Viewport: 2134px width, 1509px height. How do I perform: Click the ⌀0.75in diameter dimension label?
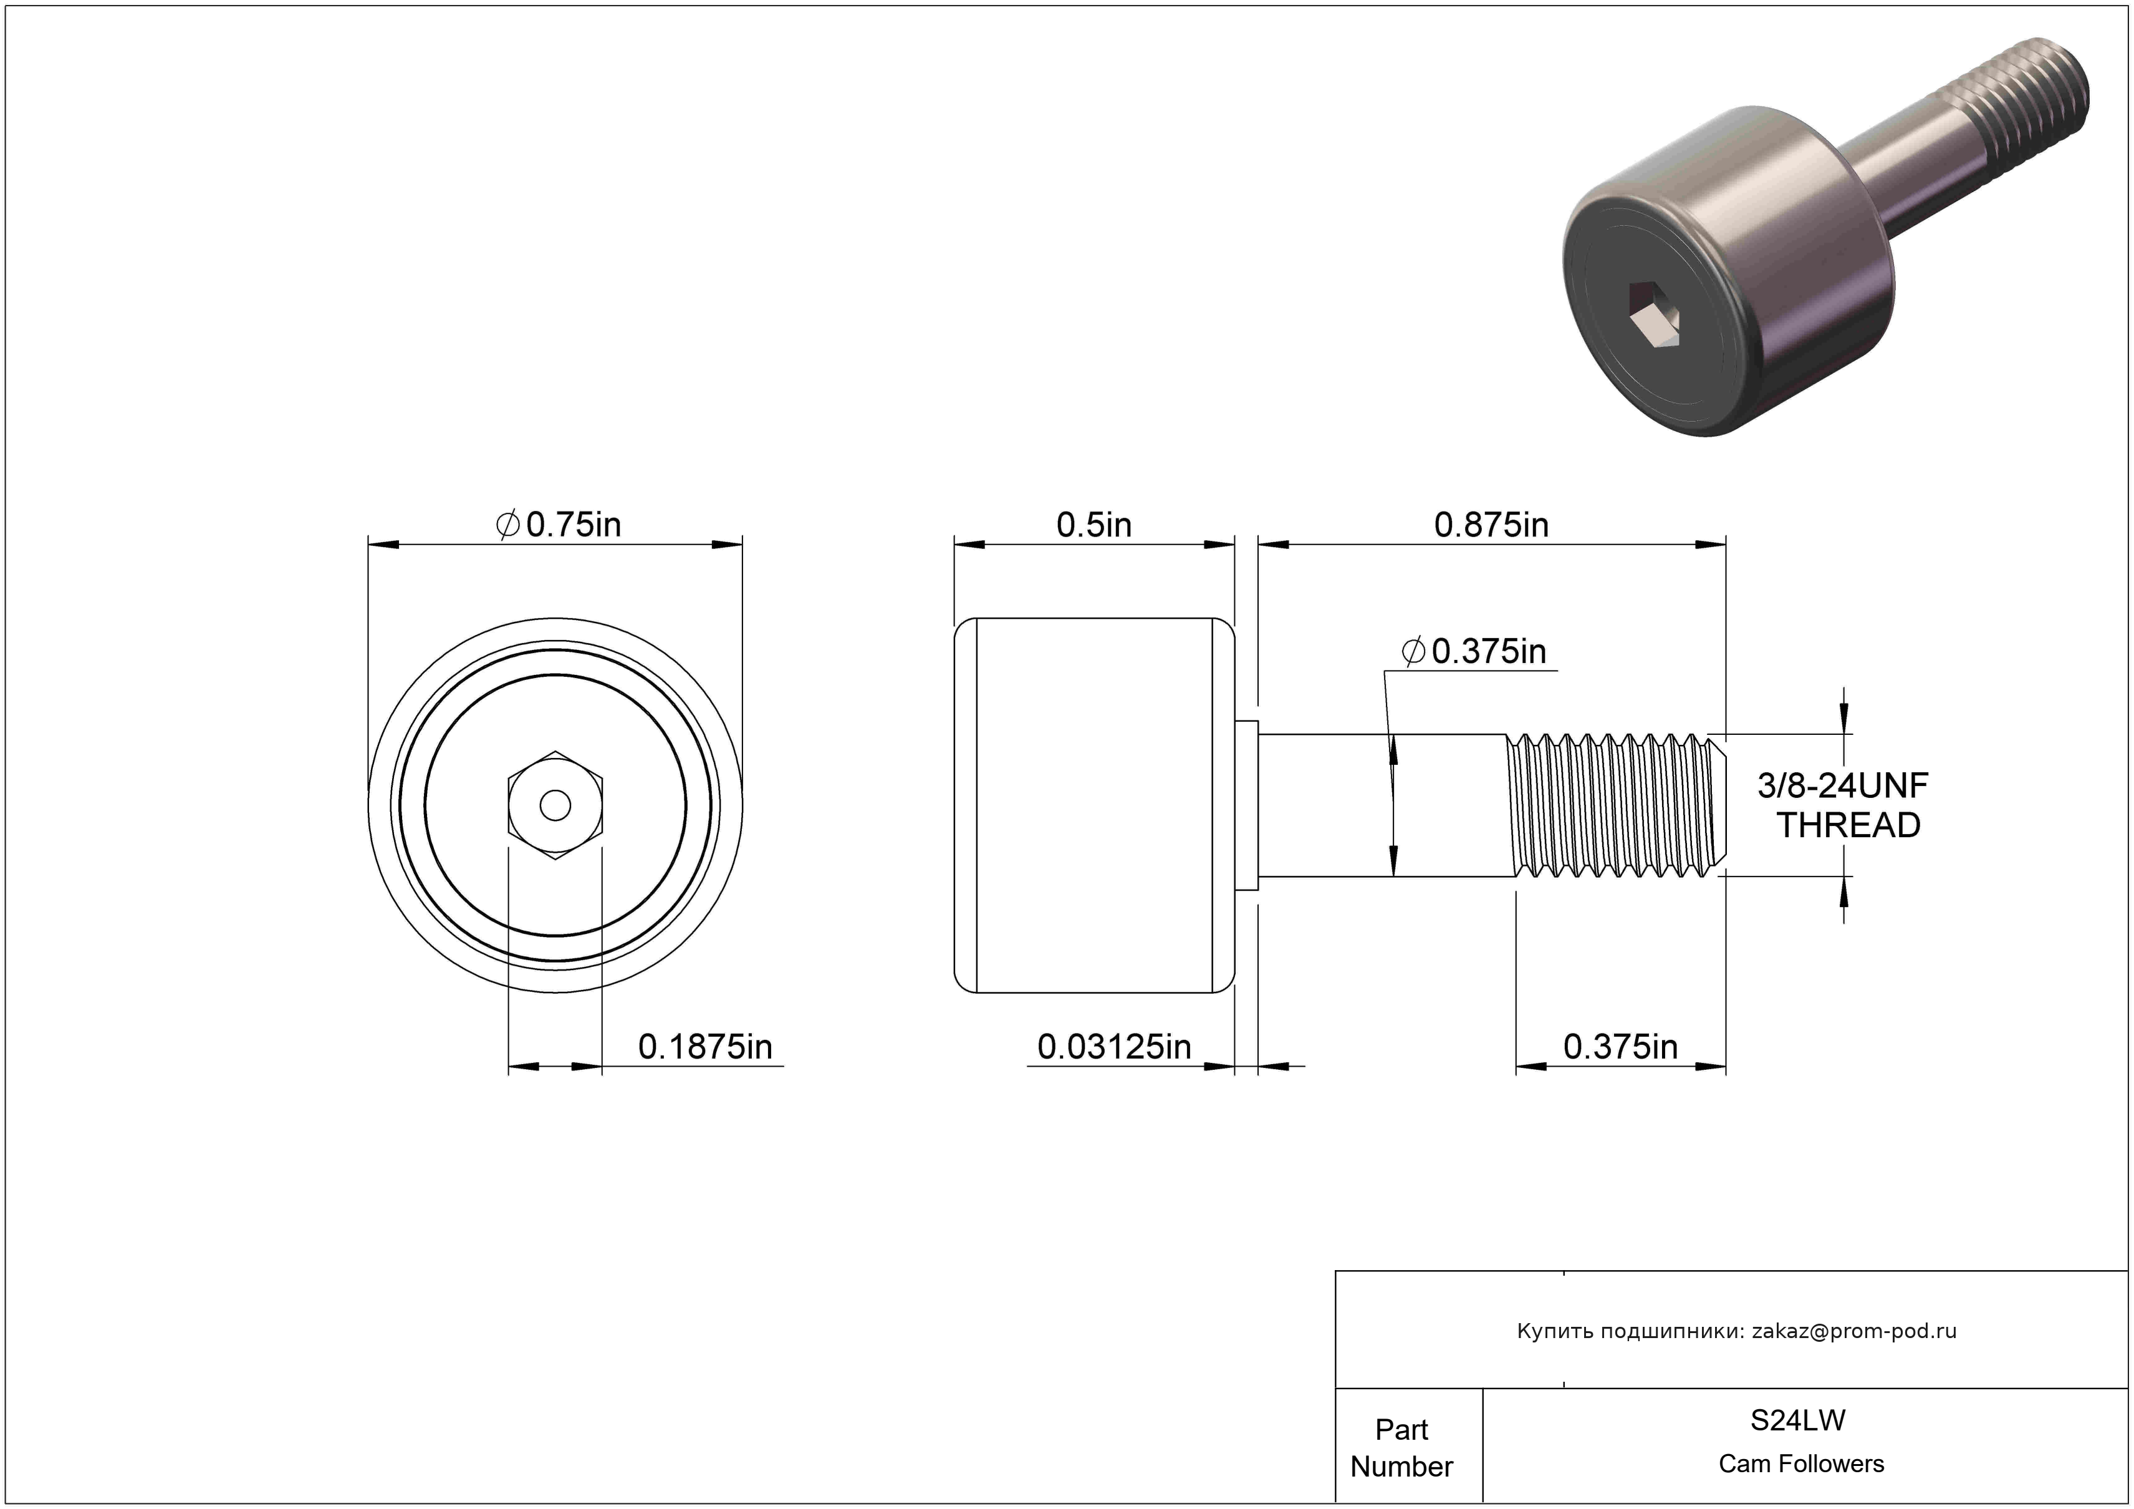[558, 525]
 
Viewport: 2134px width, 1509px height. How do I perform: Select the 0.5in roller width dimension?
[1094, 525]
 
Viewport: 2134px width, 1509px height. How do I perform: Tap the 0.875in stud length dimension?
[1491, 525]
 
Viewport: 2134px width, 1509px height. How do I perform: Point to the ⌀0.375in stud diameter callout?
[1474, 651]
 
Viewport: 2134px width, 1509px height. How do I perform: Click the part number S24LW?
[1797, 1420]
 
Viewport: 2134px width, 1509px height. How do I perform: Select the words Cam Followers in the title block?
[1801, 1463]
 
